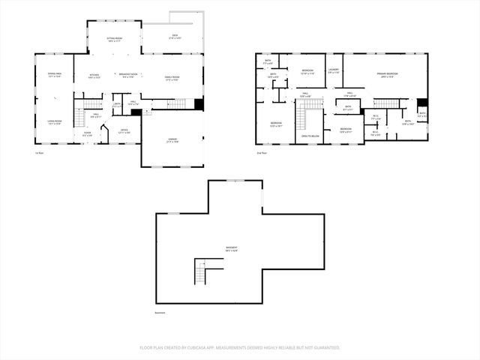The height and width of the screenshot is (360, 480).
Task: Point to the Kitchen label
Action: (x=95, y=76)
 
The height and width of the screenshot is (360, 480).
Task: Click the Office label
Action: (x=124, y=131)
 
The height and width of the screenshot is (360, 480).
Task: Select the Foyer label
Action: (x=87, y=133)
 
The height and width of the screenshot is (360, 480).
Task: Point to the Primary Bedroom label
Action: (x=388, y=74)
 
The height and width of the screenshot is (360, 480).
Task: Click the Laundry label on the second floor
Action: (x=334, y=71)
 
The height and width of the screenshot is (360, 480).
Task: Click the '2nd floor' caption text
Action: (x=262, y=152)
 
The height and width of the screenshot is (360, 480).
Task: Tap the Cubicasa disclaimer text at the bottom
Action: (x=240, y=347)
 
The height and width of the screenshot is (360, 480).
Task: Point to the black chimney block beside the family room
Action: (x=199, y=104)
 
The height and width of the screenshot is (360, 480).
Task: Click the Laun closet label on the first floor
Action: (x=117, y=104)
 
